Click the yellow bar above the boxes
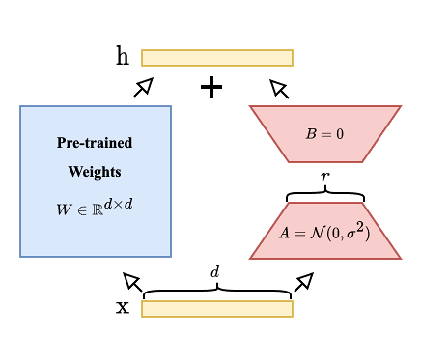216,58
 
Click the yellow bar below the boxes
216,309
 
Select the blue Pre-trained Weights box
96,232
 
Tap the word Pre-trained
95,143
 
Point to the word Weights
95,173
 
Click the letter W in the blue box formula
65,209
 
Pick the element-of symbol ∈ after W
81,209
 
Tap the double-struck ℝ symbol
97,209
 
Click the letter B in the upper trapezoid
311,133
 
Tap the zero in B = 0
339,133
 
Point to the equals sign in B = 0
325,134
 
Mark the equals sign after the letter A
299,234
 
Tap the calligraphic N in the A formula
316,233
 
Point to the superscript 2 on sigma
359,227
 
